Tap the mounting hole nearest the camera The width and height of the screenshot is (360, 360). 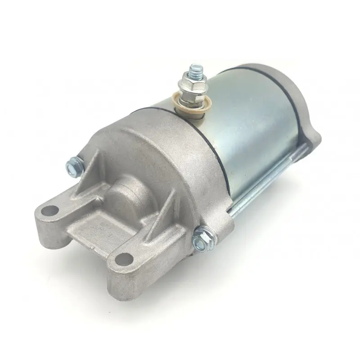click(124, 260)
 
